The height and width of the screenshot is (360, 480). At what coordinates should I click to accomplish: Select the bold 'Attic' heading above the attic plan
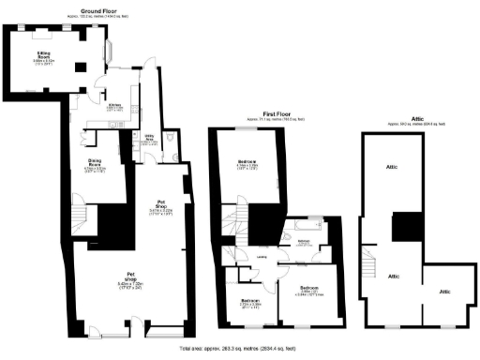click(x=404, y=118)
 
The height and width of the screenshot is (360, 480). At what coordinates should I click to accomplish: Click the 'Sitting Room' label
click(x=44, y=58)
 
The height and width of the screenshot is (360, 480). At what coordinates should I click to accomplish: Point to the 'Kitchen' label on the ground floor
click(x=114, y=106)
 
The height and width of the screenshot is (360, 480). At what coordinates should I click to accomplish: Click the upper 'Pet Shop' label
click(x=161, y=205)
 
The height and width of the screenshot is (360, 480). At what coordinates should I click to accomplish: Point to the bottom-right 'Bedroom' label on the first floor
click(x=309, y=287)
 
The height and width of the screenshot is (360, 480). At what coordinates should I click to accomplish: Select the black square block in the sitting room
click(x=79, y=66)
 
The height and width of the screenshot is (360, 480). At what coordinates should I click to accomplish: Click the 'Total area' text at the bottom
click(x=239, y=348)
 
